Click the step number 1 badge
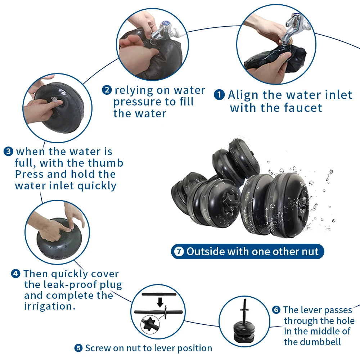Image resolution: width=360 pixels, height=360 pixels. click(219, 95)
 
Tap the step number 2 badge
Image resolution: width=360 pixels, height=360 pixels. click(107, 90)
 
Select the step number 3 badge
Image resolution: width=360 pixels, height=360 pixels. click(9, 152)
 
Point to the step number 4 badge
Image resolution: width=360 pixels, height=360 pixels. click(15, 274)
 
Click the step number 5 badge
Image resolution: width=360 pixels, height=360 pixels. click(78, 348)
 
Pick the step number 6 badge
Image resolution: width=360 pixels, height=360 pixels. click(276, 310)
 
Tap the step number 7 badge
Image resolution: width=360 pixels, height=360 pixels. click(179, 251)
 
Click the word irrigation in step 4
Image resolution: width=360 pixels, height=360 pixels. click(50, 306)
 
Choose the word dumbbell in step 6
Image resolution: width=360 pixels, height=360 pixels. click(312, 342)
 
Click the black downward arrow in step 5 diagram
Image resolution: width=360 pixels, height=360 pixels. click(160, 302)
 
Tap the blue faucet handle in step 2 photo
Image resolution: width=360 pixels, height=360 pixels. click(165, 23)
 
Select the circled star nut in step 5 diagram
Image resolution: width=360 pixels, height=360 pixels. click(149, 324)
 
